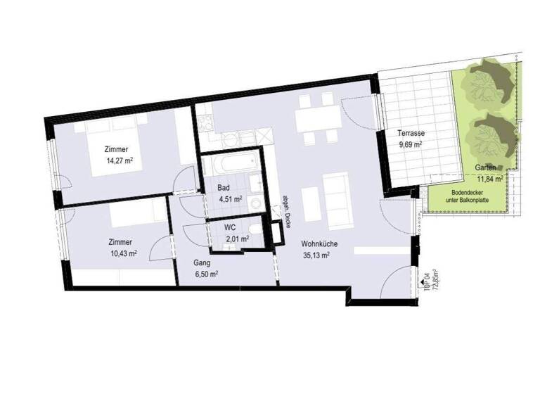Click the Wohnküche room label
coord(320,243)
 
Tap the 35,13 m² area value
coord(316,255)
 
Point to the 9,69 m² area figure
coord(408,145)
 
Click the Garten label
coord(486,167)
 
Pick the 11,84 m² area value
coord(488,179)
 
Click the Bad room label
coord(224,188)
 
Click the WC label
coord(229,228)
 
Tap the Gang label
coord(202,262)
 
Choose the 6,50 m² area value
coord(205,274)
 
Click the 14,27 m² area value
coord(120,160)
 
